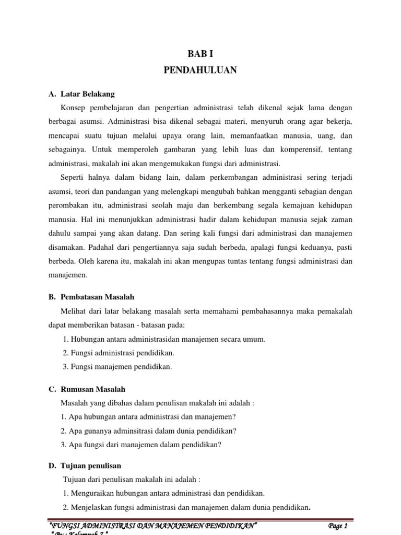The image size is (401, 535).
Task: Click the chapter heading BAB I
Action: coord(200,54)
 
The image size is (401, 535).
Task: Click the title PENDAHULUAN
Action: coord(200,69)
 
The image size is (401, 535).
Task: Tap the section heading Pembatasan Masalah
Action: coord(93,297)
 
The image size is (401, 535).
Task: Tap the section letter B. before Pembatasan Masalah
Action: coord(52,297)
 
